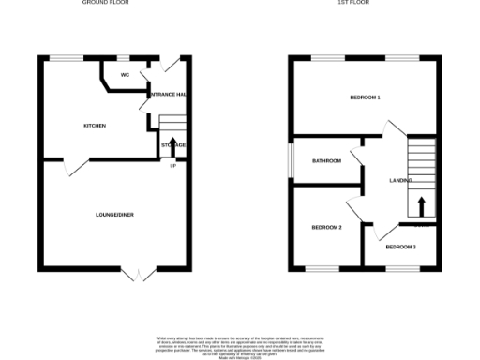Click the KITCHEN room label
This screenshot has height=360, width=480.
click(x=94, y=126)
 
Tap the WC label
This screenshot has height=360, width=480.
click(x=125, y=75)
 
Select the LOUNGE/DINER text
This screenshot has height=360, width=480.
click(x=114, y=216)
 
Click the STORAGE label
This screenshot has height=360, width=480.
click(x=173, y=145)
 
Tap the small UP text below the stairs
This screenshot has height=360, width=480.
click(x=172, y=166)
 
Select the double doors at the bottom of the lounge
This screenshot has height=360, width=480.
click(x=138, y=273)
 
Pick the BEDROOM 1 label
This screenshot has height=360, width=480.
click(x=365, y=97)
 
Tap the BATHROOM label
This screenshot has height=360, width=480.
click(x=327, y=161)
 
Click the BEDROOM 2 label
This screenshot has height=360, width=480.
click(x=326, y=227)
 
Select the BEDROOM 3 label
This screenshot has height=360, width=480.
click(x=400, y=247)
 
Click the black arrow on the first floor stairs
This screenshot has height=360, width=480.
click(x=421, y=206)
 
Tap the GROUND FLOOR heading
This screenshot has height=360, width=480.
click(x=105, y=4)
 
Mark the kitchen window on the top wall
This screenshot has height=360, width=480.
click(x=64, y=58)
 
